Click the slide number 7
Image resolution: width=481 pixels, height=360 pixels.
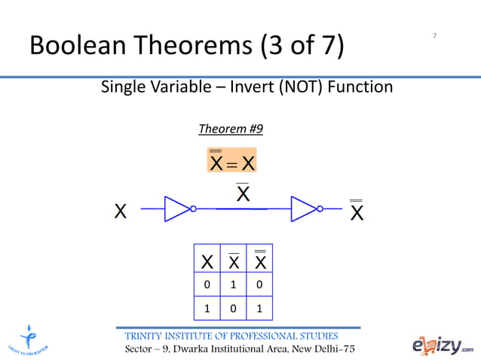pos(435,36)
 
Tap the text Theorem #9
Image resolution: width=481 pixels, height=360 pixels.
pos(231,129)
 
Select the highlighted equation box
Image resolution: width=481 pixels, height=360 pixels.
pos(232,160)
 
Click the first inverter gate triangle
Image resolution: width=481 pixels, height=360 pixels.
pos(178,209)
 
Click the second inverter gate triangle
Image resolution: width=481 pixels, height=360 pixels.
pos(305,209)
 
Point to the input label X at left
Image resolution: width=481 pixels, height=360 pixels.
pos(121,211)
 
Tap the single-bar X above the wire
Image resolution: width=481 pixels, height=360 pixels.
pos(243,194)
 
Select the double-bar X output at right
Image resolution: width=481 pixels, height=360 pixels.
pos(357,211)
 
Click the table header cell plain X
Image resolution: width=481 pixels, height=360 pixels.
pos(207,262)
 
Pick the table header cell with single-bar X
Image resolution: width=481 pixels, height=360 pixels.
pos(234,262)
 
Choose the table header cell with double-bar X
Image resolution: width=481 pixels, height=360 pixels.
pos(259,262)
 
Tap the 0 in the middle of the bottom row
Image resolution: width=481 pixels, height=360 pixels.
pos(234,309)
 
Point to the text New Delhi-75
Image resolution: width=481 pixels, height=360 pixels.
pos(323,350)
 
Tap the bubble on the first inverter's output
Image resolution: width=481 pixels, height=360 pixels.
pos(194,209)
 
